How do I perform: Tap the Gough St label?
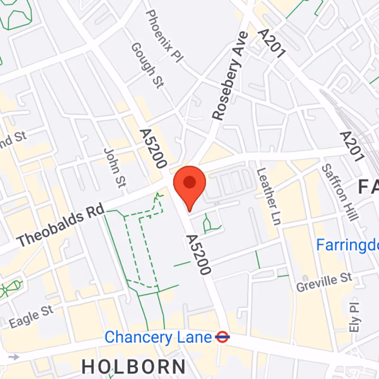pyautogui.click(x=147, y=65)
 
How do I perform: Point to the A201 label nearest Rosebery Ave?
pyautogui.click(x=271, y=43)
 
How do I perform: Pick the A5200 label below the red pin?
pyautogui.click(x=198, y=254)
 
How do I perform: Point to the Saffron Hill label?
pyautogui.click(x=339, y=192)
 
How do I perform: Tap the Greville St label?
pyautogui.click(x=325, y=282)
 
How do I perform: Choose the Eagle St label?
pyautogui.click(x=31, y=316)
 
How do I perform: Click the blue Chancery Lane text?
pyautogui.click(x=158, y=337)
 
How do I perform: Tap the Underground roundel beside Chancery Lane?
pyautogui.click(x=222, y=337)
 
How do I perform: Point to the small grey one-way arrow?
pyautogui.click(x=14, y=356)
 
